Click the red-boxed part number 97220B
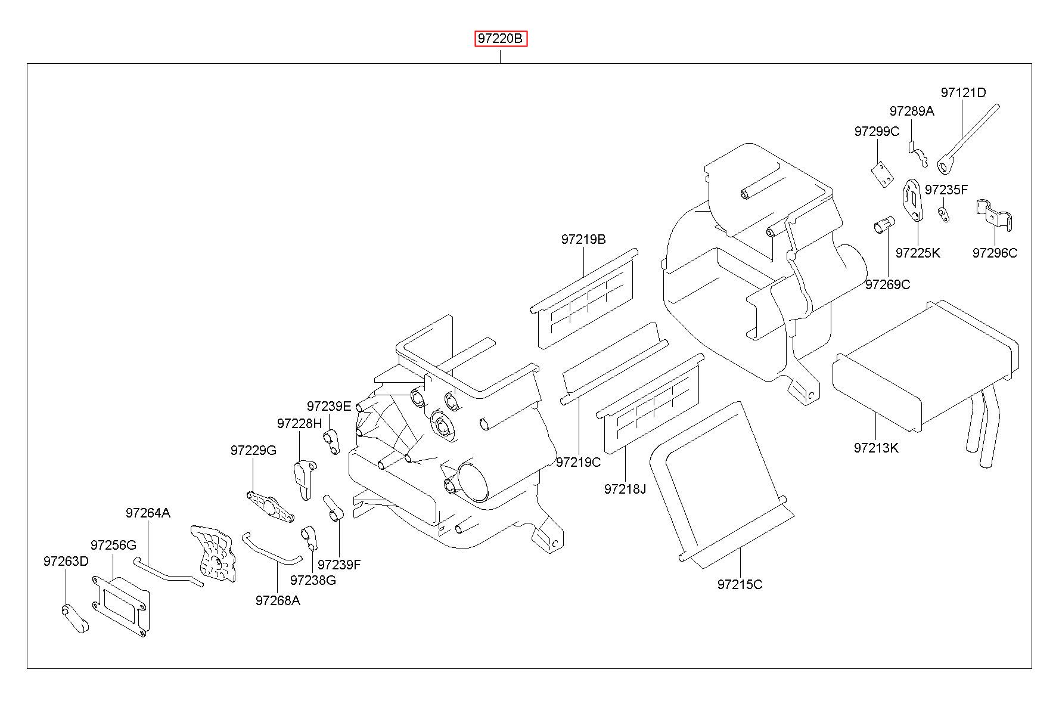coord(501,39)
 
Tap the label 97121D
coord(963,92)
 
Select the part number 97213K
coord(875,448)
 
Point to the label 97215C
coord(740,584)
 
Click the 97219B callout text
coord(583,239)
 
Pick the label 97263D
coord(66,561)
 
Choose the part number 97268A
coord(278,600)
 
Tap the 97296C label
coord(995,253)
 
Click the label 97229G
coord(253,450)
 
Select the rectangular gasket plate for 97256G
coord(120,606)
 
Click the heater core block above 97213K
coord(925,365)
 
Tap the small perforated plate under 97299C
coord(882,175)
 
